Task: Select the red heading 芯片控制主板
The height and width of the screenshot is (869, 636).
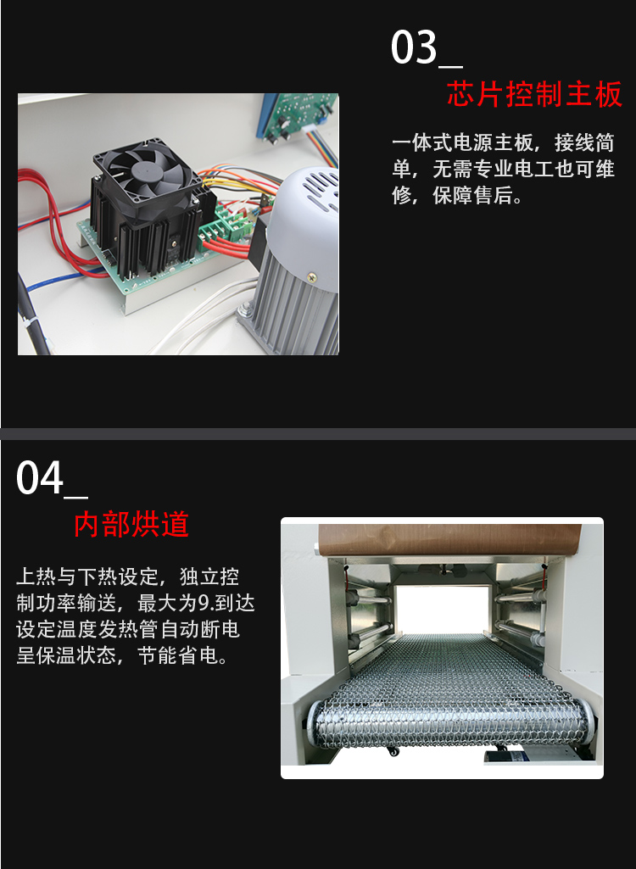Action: pos(534,93)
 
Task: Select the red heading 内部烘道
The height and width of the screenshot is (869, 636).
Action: pos(131,524)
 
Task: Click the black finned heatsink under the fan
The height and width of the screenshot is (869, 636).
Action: pos(145,228)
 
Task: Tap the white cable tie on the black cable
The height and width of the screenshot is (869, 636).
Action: pos(29,324)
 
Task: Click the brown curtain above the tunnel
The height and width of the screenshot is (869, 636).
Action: pos(449,540)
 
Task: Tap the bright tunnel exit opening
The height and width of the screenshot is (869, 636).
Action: pos(443,610)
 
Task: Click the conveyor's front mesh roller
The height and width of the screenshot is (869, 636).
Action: pos(449,722)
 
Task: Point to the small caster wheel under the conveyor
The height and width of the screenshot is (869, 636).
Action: pos(393,751)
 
